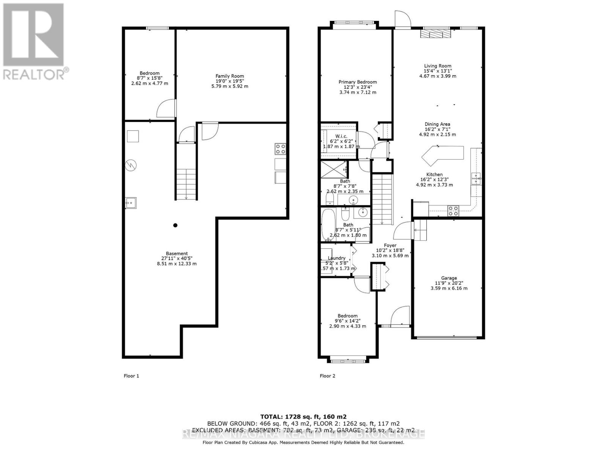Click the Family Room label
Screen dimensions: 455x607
(x=230, y=76)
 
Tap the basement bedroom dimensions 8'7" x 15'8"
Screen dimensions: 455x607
(x=149, y=78)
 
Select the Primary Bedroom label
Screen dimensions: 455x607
(x=357, y=82)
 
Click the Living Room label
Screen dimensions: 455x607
(x=437, y=66)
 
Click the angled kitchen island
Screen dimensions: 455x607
(x=442, y=154)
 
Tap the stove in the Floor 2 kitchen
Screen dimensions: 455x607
(x=453, y=210)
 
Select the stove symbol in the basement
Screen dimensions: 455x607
(x=280, y=148)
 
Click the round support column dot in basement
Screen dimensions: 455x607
(x=175, y=225)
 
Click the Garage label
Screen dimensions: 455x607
(x=449, y=278)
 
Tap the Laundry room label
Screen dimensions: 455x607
(x=336, y=258)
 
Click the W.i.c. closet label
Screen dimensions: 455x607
(x=341, y=136)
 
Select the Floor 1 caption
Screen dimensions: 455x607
(x=131, y=376)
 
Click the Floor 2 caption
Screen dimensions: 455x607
(x=327, y=376)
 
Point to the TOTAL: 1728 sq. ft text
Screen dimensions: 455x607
(x=303, y=416)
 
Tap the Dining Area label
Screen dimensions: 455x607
(x=437, y=124)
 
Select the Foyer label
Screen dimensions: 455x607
(x=390, y=245)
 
